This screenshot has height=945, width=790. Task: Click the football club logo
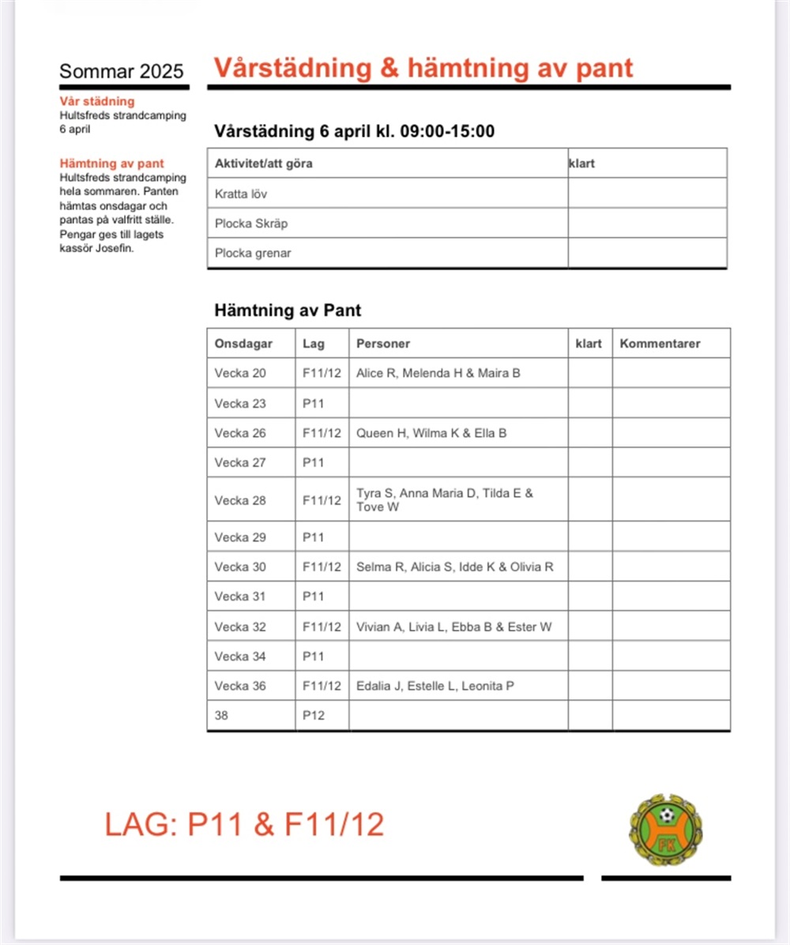[666, 829]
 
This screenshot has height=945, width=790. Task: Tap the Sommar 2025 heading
[122, 72]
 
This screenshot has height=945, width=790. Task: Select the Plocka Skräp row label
[251, 224]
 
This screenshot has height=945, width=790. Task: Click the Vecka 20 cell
[240, 373]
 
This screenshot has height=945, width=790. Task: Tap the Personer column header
[383, 344]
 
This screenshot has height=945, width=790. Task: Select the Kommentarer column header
[660, 344]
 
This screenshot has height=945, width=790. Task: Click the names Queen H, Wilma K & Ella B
[431, 433]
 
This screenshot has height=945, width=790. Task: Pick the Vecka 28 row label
[240, 500]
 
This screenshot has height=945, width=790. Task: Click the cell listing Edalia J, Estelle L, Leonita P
[435, 686]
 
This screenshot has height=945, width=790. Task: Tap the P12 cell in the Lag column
[314, 716]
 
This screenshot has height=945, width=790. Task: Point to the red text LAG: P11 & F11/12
[244, 824]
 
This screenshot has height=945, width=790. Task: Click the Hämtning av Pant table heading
[288, 311]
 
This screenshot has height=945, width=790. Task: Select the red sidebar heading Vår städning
[97, 101]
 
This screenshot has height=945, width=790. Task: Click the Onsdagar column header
[243, 344]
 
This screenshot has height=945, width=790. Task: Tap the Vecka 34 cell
[240, 656]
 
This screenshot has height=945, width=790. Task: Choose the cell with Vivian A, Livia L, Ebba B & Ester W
[453, 627]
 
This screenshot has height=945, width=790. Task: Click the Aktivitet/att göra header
[264, 164]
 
